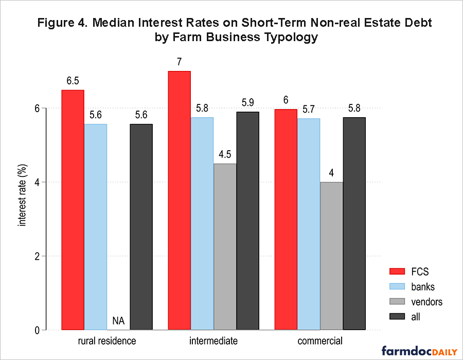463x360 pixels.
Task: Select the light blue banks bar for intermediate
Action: pos(202,223)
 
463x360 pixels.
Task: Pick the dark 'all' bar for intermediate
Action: pos(247,221)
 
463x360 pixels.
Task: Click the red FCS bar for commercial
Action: pos(286,219)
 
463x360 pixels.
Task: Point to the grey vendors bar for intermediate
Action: pos(225,246)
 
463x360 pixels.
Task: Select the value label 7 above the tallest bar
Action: pos(180,62)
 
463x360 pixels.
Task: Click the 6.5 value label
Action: pos(73,81)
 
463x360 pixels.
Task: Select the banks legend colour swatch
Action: pos(396,286)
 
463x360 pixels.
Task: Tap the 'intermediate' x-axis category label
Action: pos(213,341)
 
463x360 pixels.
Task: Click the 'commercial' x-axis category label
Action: pos(320,341)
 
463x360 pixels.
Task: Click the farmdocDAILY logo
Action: pos(419,351)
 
